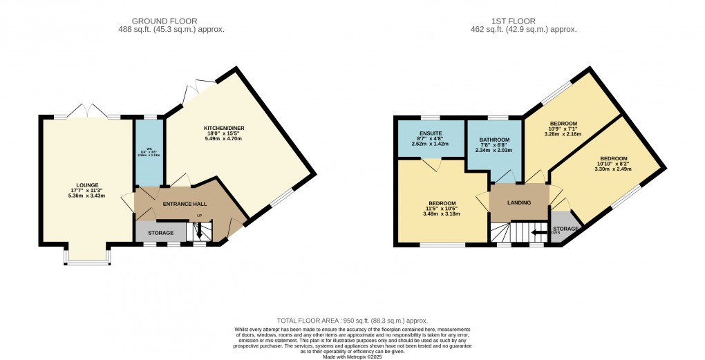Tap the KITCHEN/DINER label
pos(224,128)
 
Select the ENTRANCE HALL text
pos(185,205)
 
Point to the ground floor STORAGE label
pos(160,233)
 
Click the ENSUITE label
pos(430,133)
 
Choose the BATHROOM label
pos(494,140)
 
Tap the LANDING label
pos(518,202)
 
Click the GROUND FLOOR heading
pos(179,20)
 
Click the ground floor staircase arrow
pos(200,234)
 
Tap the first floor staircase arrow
pos(536,234)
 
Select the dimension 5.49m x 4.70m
pos(224,139)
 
